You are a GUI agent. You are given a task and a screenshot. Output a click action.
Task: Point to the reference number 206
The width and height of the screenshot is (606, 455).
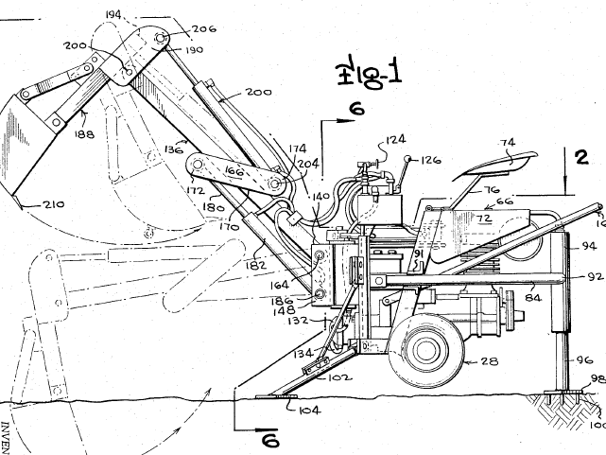point(202,29)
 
